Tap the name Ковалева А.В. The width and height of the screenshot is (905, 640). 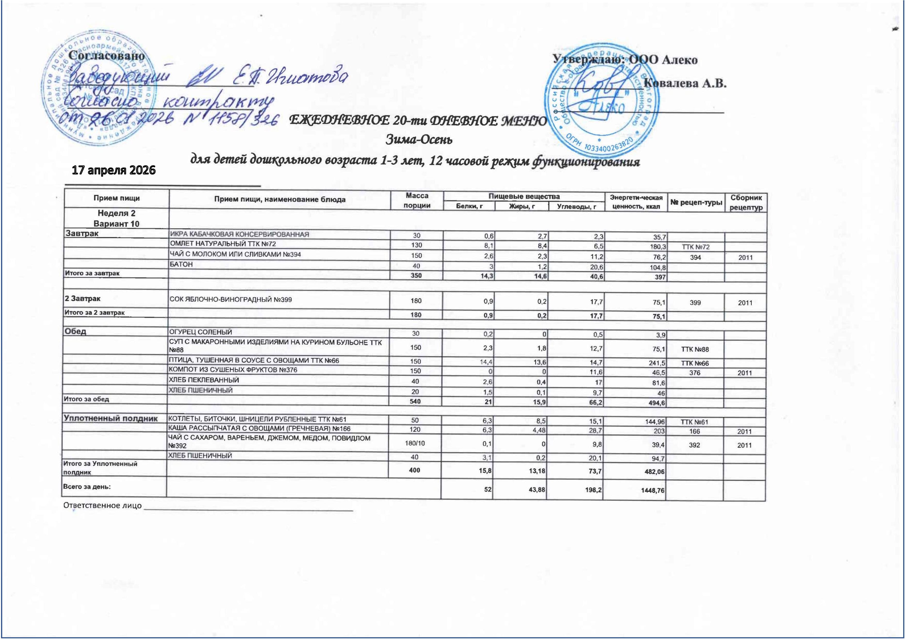coord(685,84)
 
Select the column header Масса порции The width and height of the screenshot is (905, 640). coord(417,200)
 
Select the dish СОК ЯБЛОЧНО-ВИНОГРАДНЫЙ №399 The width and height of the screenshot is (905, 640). coord(231,299)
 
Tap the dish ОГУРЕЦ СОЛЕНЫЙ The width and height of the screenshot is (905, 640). coord(201,332)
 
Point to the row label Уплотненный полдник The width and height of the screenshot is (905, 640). coord(111,418)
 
